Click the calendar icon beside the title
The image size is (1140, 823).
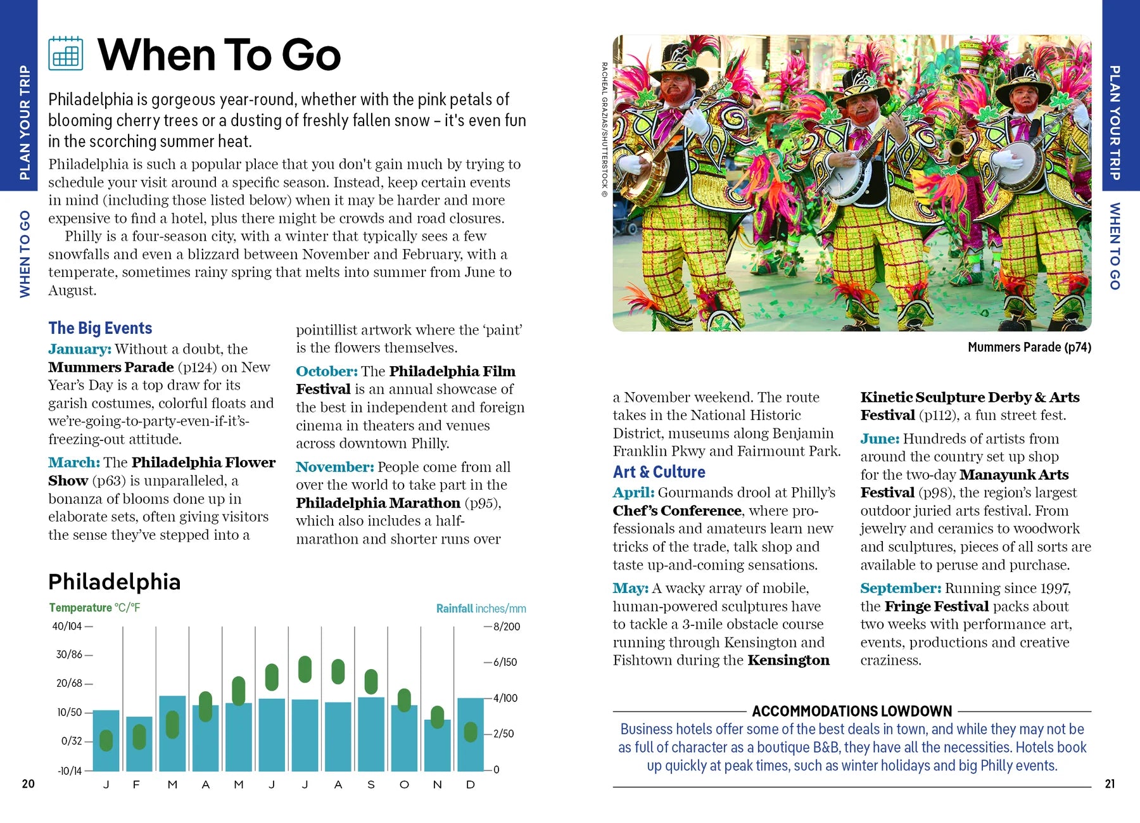click(x=66, y=53)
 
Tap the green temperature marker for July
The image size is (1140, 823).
click(x=305, y=669)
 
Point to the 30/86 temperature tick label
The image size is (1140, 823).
click(x=70, y=654)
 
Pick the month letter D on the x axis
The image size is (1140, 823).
click(x=471, y=784)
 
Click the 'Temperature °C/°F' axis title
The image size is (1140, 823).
click(x=95, y=608)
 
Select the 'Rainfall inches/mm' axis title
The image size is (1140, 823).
click(x=481, y=608)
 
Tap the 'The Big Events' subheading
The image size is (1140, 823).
click(x=100, y=328)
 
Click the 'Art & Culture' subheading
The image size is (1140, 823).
click(x=659, y=472)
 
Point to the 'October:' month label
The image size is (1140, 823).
click(x=327, y=371)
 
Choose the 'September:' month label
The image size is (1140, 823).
click(x=901, y=588)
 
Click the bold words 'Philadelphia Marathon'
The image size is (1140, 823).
click(x=378, y=503)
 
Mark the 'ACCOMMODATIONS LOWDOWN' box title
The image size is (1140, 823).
click(x=852, y=711)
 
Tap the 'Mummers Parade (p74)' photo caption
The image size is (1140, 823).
click(x=1029, y=347)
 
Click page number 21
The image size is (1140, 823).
click(x=1110, y=784)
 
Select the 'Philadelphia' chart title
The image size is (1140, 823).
click(x=115, y=582)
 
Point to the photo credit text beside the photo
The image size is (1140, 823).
click(x=604, y=130)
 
